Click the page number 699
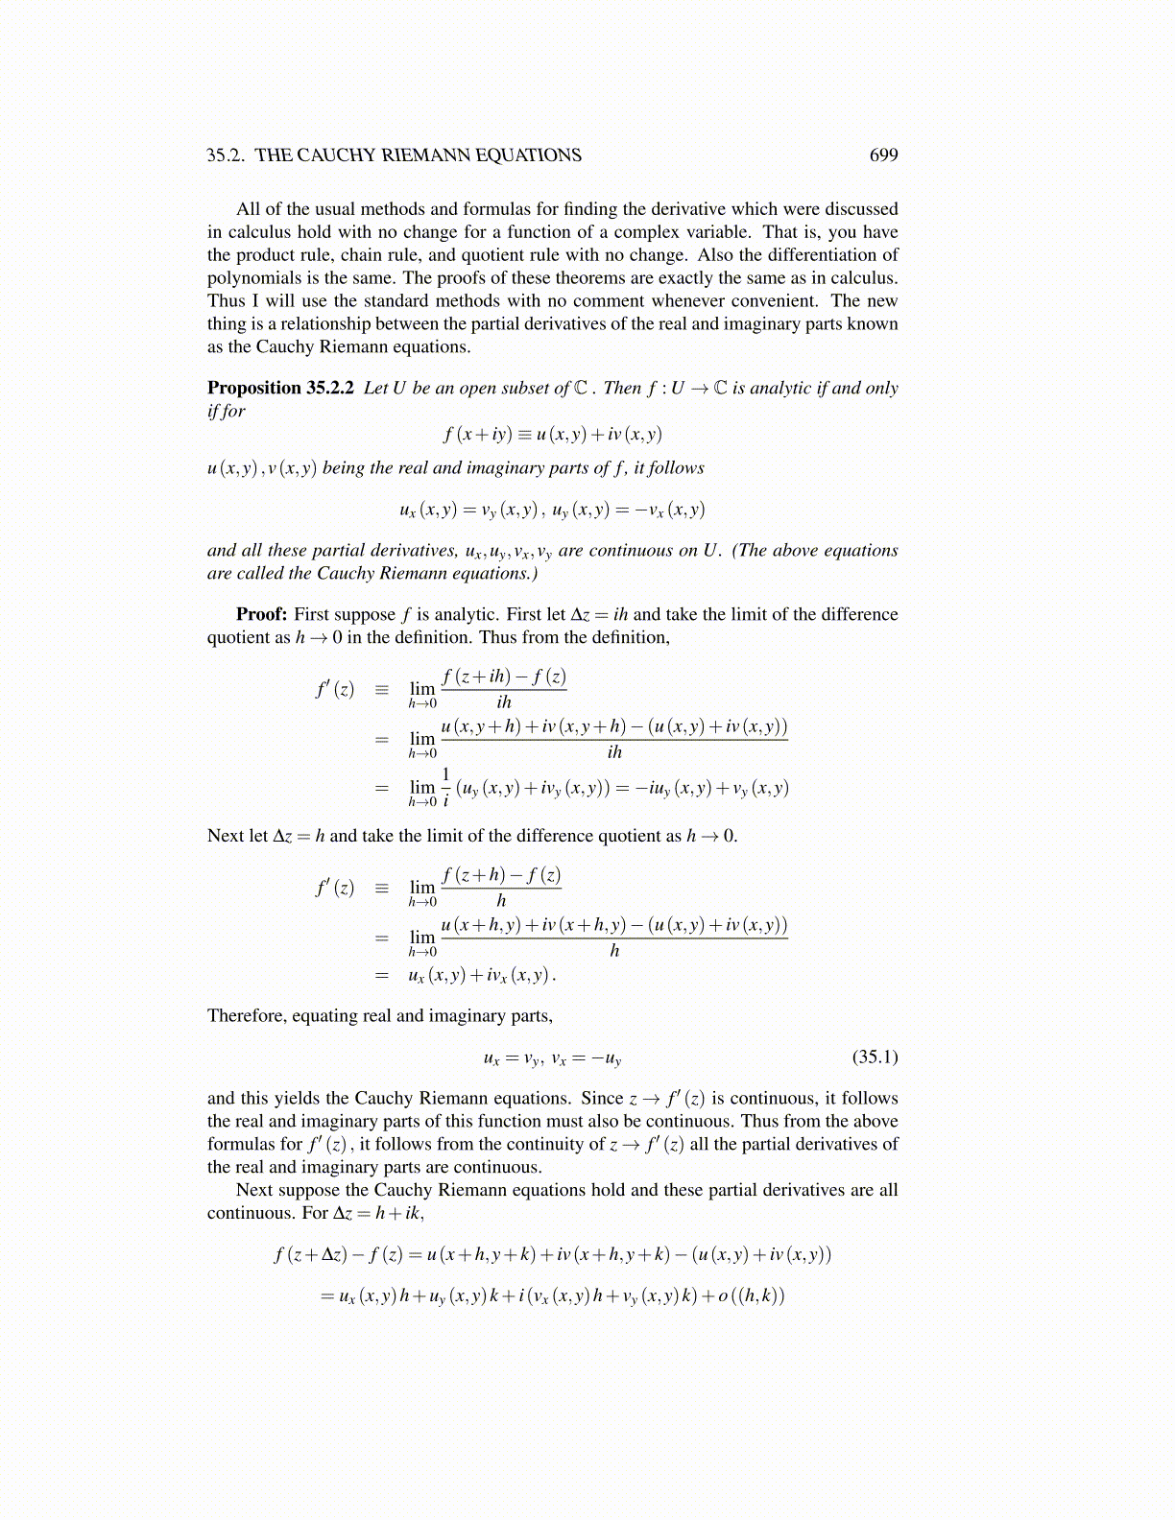coord(883,155)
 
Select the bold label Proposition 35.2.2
coord(280,388)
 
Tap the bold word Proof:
coord(261,614)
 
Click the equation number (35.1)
coord(875,1057)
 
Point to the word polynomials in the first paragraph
coord(251,278)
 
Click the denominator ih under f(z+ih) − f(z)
coord(504,702)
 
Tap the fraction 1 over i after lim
coord(445,787)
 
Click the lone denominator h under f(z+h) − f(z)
coord(501,901)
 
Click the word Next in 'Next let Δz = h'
coord(225,836)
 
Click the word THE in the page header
coord(274,155)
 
